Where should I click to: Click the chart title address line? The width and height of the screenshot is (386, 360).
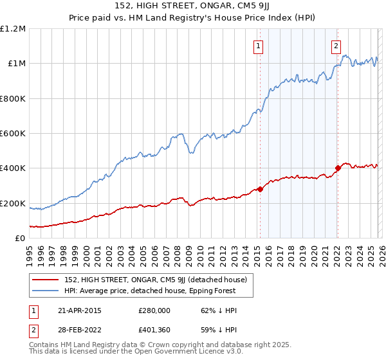click(x=192, y=7)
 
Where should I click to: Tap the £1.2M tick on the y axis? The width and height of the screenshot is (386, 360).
click(x=13, y=29)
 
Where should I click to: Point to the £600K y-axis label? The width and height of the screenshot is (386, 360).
click(x=13, y=134)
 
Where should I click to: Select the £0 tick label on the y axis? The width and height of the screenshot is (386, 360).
click(x=20, y=239)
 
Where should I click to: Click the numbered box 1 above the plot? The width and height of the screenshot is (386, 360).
click(x=258, y=46)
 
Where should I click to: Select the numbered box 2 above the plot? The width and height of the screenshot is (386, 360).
click(x=336, y=46)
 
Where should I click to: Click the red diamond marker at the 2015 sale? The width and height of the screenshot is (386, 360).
click(x=260, y=189)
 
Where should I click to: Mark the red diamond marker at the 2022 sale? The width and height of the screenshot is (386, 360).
click(x=337, y=168)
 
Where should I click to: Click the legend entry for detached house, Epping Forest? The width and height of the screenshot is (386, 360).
click(x=150, y=291)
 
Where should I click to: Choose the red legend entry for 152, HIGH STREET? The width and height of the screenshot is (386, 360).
click(x=160, y=279)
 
